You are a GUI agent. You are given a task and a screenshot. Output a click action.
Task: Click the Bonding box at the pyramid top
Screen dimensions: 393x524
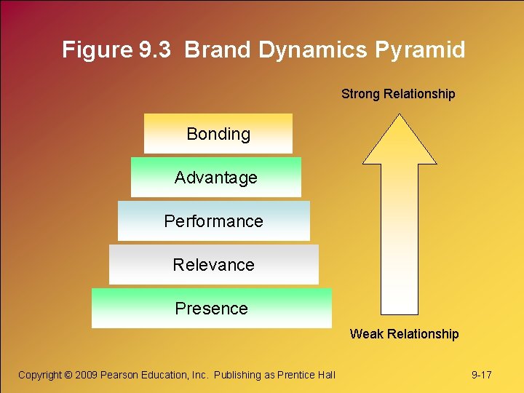[x=218, y=134]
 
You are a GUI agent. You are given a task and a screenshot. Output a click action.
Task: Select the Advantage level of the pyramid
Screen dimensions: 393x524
[x=216, y=178]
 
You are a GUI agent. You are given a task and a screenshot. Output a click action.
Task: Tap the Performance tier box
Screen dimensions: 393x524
[x=214, y=221]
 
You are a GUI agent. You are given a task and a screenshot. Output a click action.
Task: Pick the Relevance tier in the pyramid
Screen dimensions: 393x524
[x=214, y=265]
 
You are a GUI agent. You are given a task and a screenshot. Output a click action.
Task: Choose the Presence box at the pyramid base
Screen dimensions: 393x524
[x=212, y=309]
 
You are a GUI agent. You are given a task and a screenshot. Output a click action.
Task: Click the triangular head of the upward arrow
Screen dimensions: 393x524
[x=400, y=142]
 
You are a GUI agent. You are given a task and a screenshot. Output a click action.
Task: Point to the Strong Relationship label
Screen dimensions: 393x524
[x=398, y=94]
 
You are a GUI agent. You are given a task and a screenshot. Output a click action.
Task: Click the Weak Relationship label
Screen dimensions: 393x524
[x=404, y=334]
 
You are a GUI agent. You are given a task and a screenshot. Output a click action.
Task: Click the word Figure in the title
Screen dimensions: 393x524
[x=97, y=50]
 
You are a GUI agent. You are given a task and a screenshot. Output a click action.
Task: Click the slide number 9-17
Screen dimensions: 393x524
[x=482, y=375]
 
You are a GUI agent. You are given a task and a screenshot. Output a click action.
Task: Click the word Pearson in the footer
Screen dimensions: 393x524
[x=122, y=375]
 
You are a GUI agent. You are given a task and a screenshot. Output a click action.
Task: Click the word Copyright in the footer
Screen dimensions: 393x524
[x=40, y=375]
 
